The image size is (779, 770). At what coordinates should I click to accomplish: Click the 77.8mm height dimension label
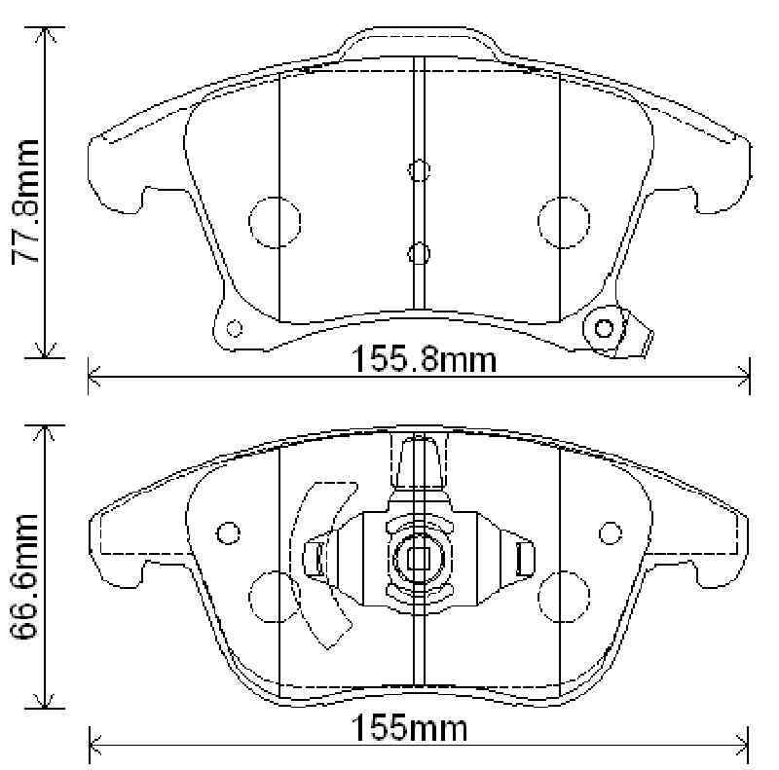tap(25, 200)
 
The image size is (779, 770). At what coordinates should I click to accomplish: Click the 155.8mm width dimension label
tap(424, 360)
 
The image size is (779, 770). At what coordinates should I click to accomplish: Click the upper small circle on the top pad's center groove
tap(419, 171)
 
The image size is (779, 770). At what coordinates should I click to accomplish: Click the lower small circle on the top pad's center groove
tap(419, 254)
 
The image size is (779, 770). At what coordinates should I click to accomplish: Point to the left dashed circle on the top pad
tap(274, 221)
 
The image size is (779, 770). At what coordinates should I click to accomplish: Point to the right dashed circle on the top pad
tap(563, 221)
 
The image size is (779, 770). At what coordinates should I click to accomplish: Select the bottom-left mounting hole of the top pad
tap(232, 327)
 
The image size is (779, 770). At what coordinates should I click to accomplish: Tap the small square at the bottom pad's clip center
tap(419, 560)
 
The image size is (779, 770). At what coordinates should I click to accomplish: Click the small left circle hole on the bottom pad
tap(228, 532)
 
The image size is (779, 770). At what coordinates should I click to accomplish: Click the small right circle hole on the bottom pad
tap(610, 532)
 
